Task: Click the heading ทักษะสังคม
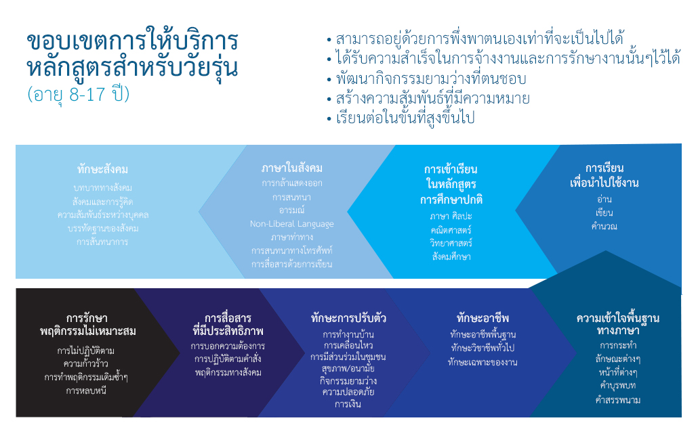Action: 102,169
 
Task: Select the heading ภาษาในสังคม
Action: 291,168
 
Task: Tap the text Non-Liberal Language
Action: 291,224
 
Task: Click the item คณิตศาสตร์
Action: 451,230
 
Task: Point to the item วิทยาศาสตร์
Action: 451,243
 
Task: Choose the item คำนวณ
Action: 604,226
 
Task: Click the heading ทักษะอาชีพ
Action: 483,318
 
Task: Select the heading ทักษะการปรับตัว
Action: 348,318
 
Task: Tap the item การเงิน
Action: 348,404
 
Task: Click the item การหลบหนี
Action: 86,391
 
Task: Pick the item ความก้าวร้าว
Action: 86,363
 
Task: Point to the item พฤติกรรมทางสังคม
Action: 228,372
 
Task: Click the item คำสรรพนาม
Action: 617,400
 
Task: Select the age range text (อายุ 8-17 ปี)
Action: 79,94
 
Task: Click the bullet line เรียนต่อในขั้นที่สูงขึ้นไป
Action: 405,118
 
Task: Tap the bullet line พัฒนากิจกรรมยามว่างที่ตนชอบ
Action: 431,78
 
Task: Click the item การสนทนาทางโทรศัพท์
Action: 291,250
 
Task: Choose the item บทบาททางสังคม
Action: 102,187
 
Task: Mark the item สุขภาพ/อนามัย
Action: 348,369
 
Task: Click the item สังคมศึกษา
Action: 451,256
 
